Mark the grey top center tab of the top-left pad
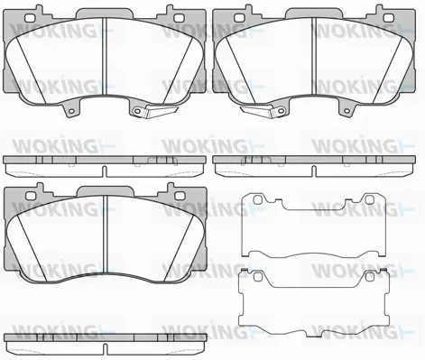click(x=104, y=13)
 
